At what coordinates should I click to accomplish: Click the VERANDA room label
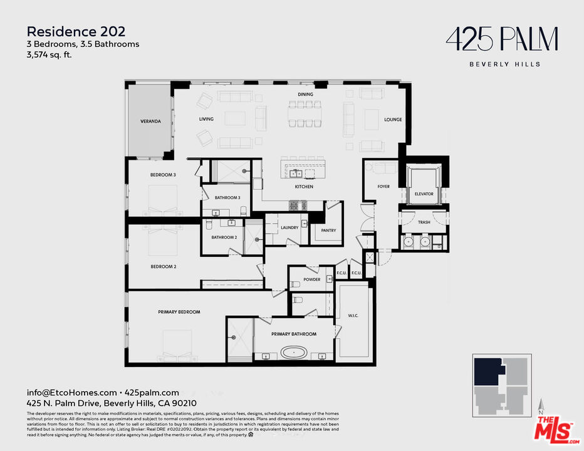(x=150, y=121)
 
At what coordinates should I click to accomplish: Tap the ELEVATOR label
(x=424, y=194)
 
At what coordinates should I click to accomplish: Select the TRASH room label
(x=424, y=222)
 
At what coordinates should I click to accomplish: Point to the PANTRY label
(x=328, y=231)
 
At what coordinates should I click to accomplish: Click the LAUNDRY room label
(x=289, y=227)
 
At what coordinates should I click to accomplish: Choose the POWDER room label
(x=311, y=279)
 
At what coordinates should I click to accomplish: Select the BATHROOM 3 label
(x=227, y=198)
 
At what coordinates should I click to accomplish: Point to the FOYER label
(x=383, y=187)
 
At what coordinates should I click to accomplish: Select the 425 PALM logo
(x=501, y=40)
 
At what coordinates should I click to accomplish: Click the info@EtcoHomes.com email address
(x=71, y=393)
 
